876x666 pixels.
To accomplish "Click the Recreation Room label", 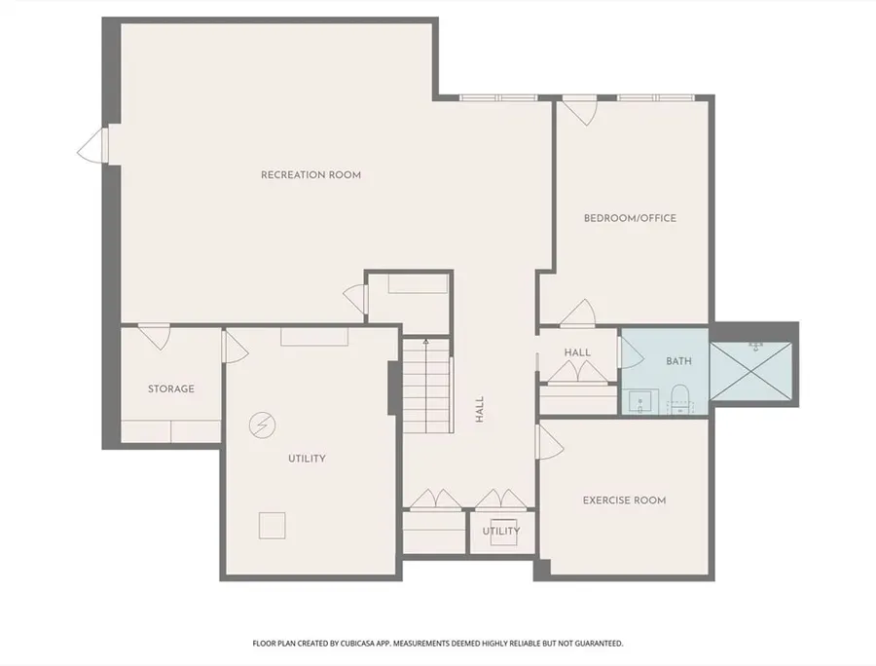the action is (310, 175).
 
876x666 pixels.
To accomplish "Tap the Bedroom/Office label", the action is (630, 218).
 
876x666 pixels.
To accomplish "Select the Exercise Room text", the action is (624, 500).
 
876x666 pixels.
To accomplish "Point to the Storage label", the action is (171, 388).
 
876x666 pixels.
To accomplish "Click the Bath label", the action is (678, 361).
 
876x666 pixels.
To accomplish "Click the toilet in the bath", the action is (678, 398).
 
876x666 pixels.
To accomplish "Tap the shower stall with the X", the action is (750, 371).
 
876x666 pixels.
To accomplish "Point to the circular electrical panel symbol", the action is (262, 425).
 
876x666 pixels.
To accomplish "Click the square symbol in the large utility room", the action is (273, 525).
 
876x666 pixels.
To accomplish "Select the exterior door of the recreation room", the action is (92, 144).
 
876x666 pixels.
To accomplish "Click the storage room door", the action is (154, 336).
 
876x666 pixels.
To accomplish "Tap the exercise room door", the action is (550, 441).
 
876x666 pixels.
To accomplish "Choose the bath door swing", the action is (632, 352).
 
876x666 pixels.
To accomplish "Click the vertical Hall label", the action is (479, 409).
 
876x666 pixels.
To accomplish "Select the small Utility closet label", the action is (501, 531).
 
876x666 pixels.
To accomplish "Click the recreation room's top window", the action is (498, 97).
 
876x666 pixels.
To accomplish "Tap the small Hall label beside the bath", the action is (577, 352).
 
